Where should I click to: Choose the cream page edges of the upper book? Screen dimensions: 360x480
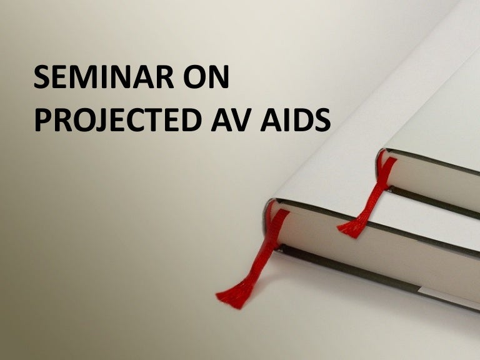pos(437,181)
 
